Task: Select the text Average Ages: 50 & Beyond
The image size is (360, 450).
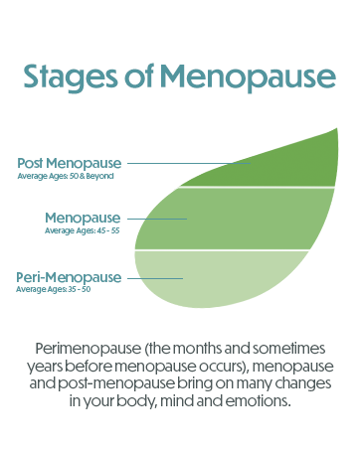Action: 67,176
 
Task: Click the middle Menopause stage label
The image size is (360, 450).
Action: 83,218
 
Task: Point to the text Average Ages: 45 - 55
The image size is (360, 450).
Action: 83,230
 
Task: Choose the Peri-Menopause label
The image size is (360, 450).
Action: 69,276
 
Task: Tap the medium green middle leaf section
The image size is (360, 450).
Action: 239,219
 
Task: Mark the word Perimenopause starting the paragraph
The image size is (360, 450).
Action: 82,351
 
